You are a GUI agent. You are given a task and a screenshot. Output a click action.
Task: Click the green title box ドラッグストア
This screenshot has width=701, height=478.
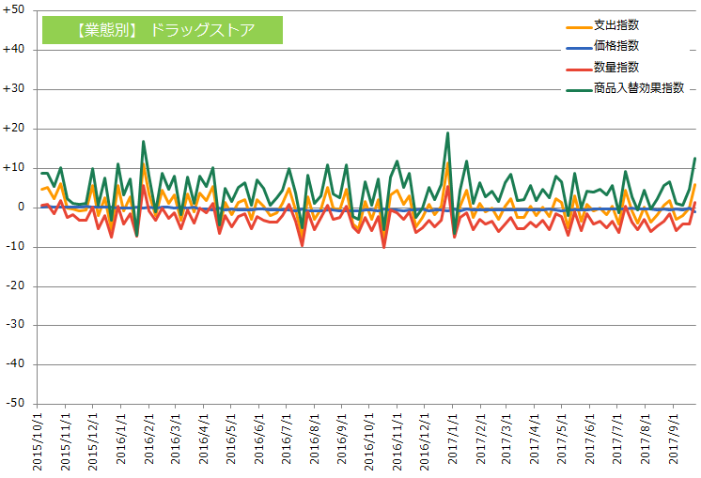pos(163,29)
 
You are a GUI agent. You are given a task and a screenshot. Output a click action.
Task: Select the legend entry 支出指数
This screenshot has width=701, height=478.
pos(616,24)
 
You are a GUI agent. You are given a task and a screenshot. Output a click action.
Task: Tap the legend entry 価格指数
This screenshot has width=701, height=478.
pos(616,45)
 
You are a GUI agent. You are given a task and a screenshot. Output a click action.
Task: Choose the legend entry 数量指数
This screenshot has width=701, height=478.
pos(616,67)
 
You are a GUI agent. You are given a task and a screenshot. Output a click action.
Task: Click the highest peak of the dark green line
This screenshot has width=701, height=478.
pos(447,132)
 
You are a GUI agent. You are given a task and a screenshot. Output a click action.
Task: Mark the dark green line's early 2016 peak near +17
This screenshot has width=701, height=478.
pos(143,142)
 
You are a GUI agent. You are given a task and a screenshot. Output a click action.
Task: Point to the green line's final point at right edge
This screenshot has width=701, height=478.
pos(694,158)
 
